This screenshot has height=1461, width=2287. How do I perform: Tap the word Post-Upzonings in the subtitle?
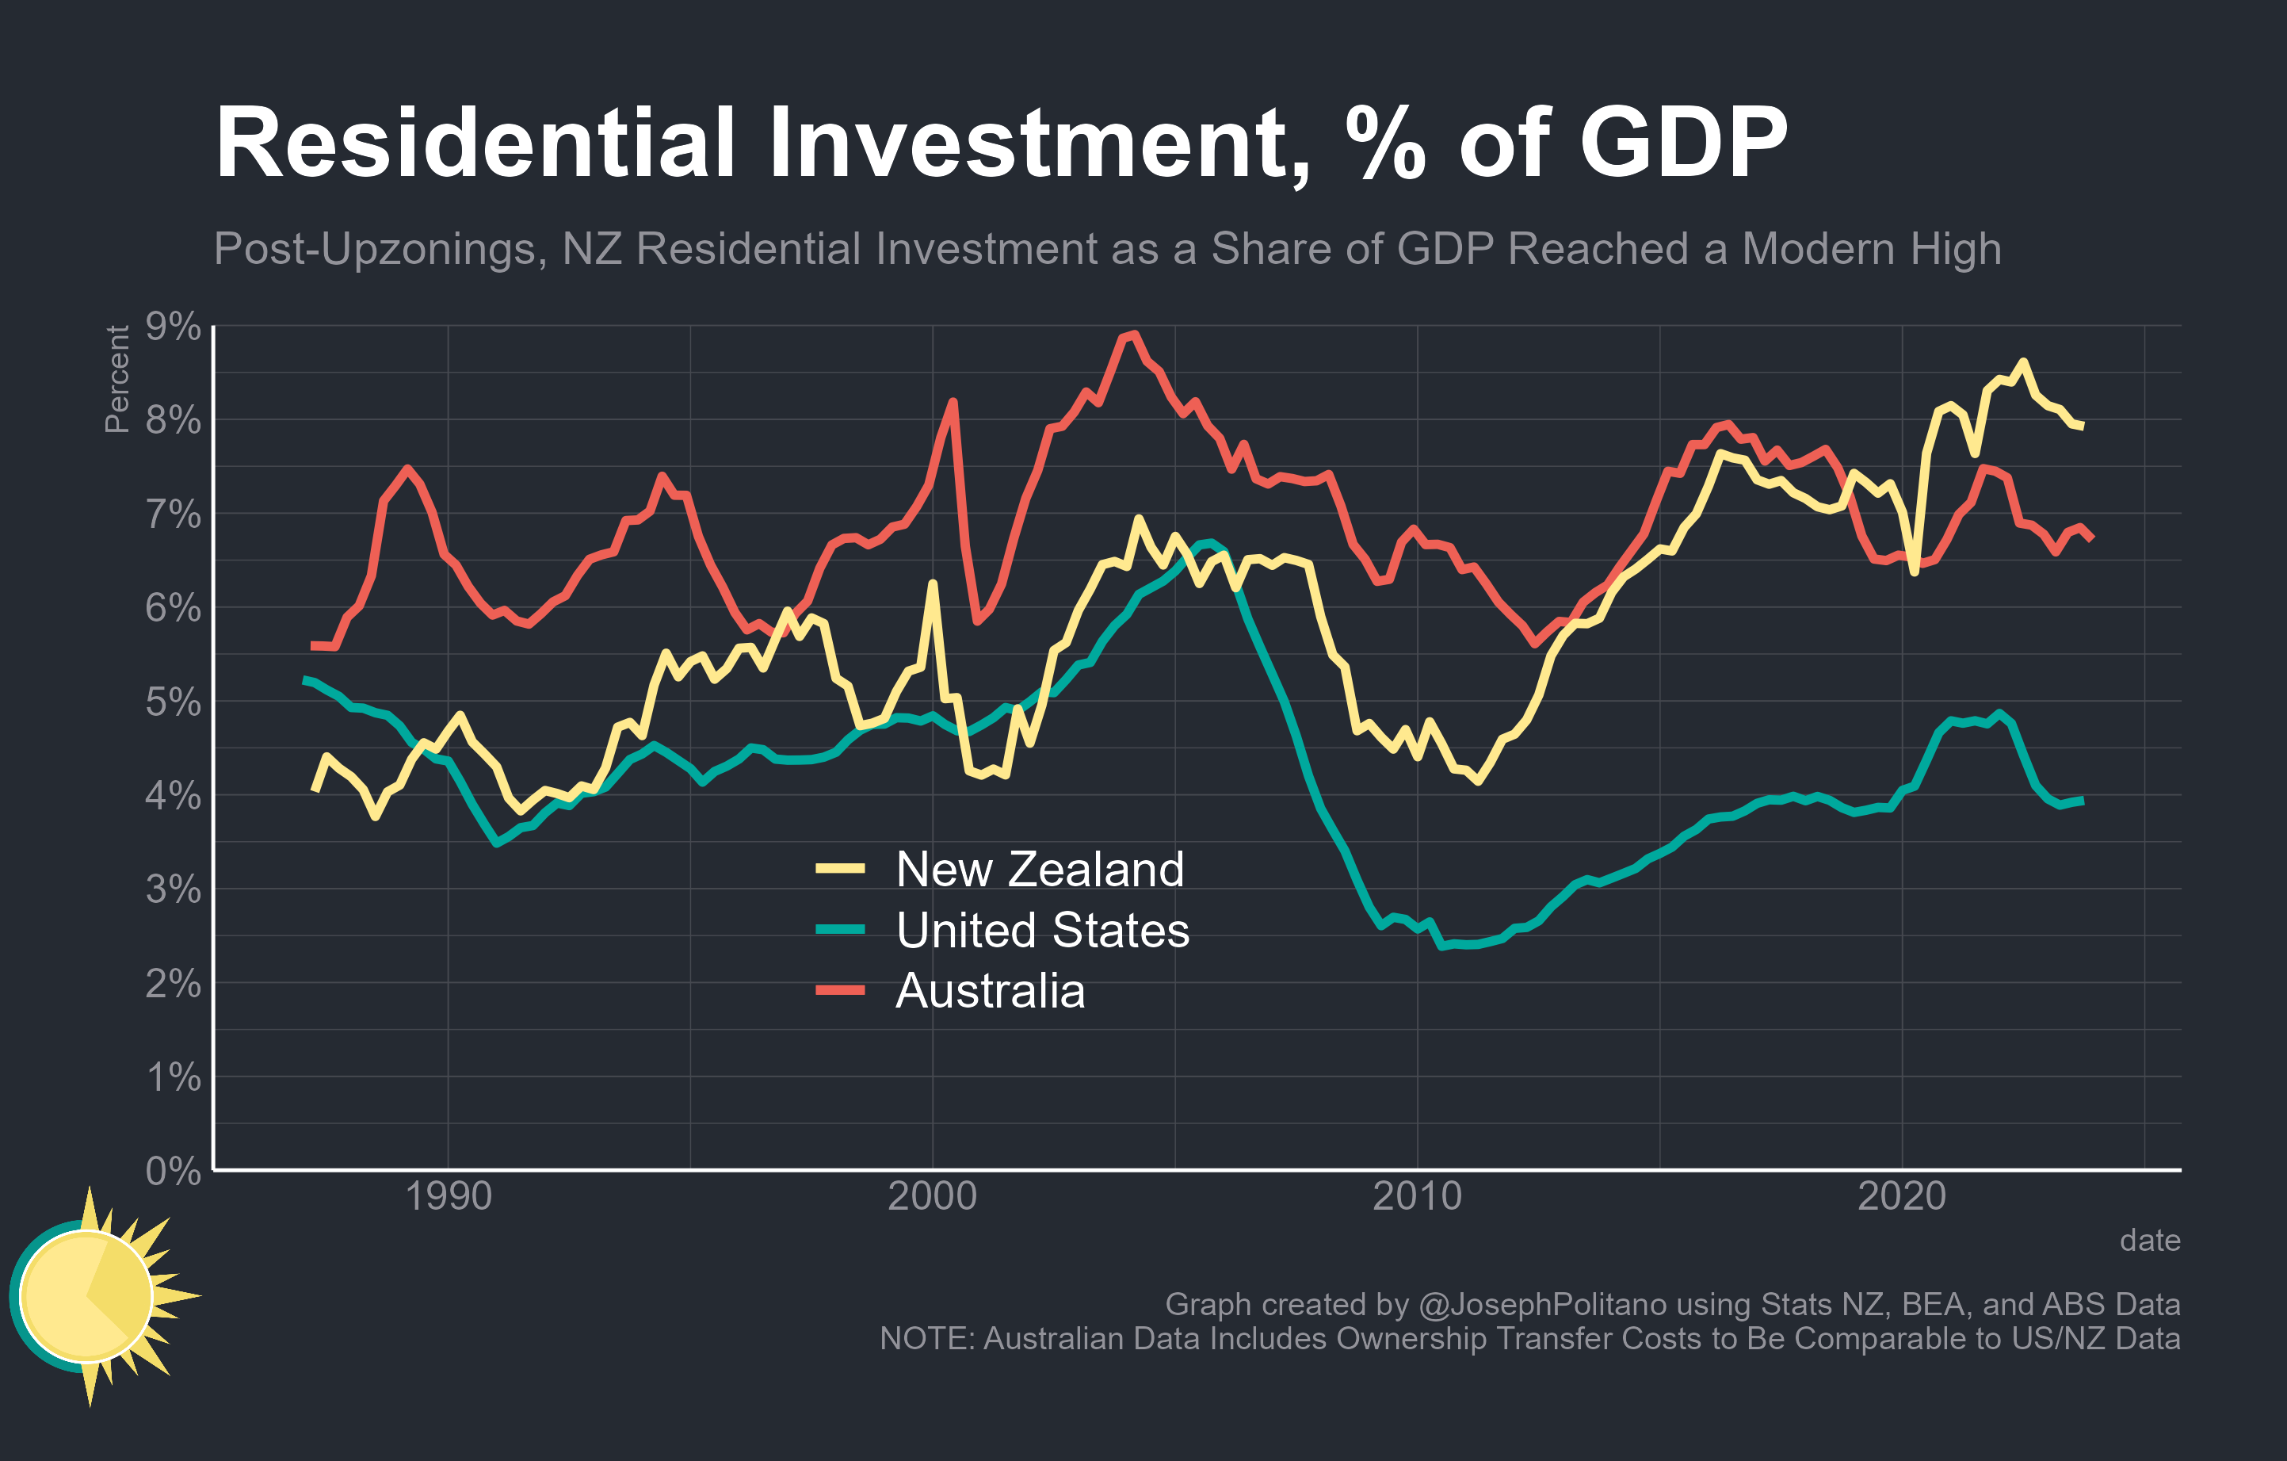(x=380, y=250)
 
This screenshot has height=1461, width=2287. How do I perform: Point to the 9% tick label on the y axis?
(x=173, y=327)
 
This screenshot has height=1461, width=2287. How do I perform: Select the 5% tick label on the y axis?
(x=173, y=702)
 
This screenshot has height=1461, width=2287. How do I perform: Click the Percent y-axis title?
(x=116, y=379)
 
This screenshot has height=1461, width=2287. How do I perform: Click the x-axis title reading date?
(x=2149, y=1241)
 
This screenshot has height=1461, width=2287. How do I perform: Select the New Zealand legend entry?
(x=1039, y=869)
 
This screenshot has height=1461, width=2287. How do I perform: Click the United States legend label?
(x=1042, y=930)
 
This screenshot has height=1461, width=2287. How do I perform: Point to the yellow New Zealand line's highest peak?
(x=2023, y=362)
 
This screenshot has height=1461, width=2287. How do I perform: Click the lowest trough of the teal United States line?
(x=1441, y=947)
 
